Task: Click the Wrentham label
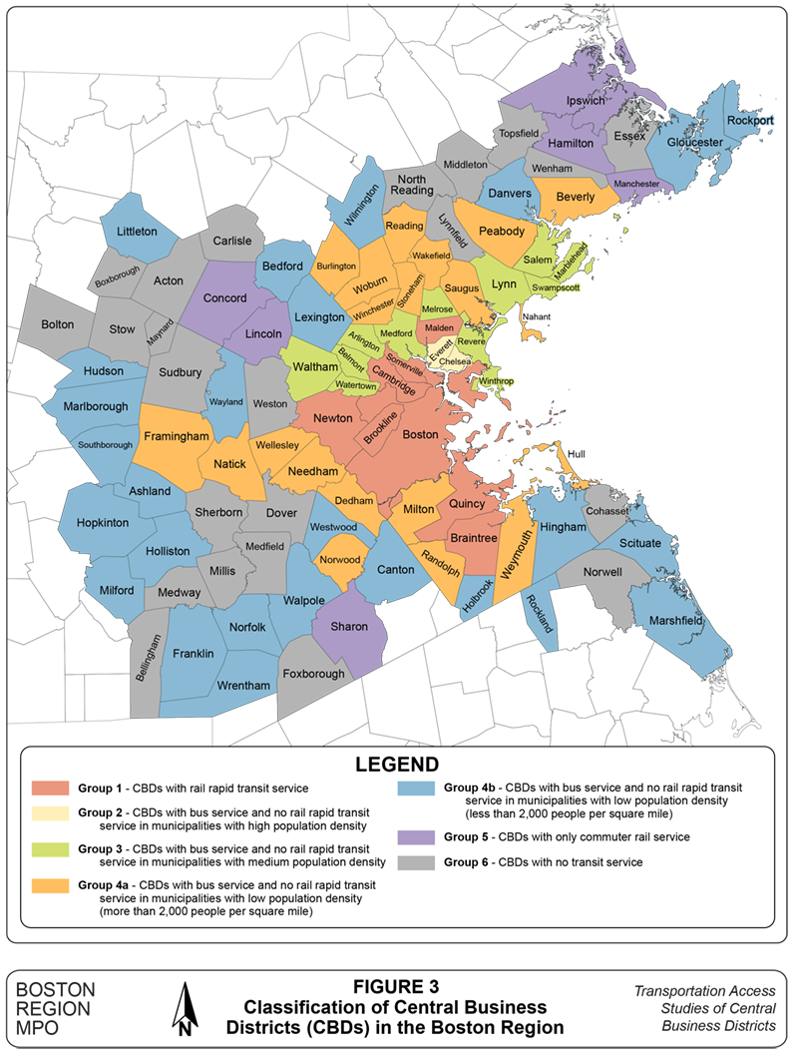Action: pos(243,686)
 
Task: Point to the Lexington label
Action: pos(319,316)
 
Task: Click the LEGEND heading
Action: pos(398,765)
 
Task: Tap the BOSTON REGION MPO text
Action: pos(57,1007)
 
